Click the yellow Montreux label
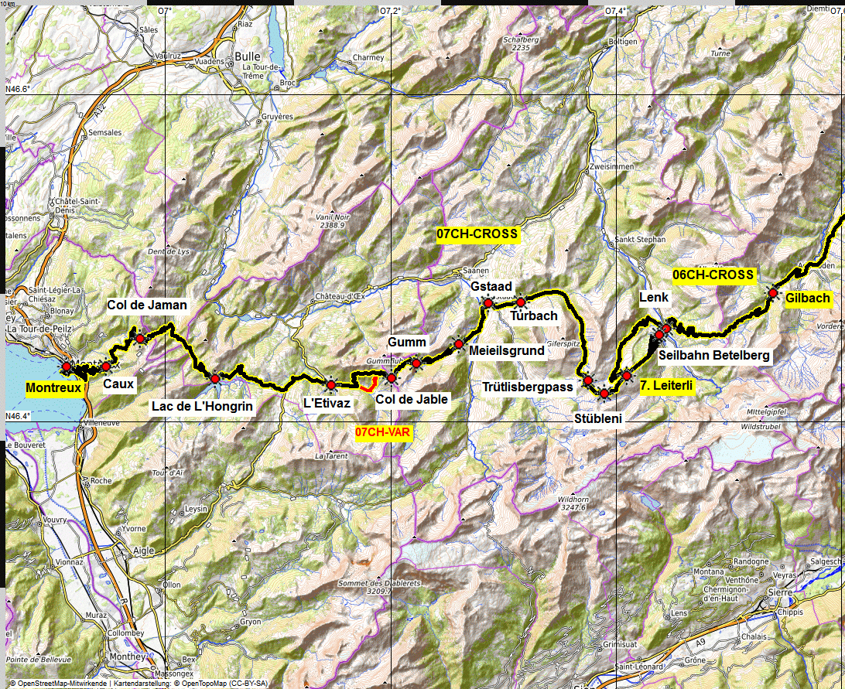click(53, 387)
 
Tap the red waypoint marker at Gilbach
click(772, 292)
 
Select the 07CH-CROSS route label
click(477, 234)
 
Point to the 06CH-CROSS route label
click(713, 274)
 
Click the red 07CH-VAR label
click(382, 432)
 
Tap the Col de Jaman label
click(147, 305)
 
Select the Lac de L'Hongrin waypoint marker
click(214, 379)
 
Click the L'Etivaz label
click(327, 403)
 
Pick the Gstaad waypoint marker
click(488, 303)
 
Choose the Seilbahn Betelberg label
click(714, 356)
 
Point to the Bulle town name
click(248, 56)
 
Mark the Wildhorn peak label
click(573, 500)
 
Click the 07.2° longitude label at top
click(391, 11)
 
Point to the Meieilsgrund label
click(507, 350)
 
